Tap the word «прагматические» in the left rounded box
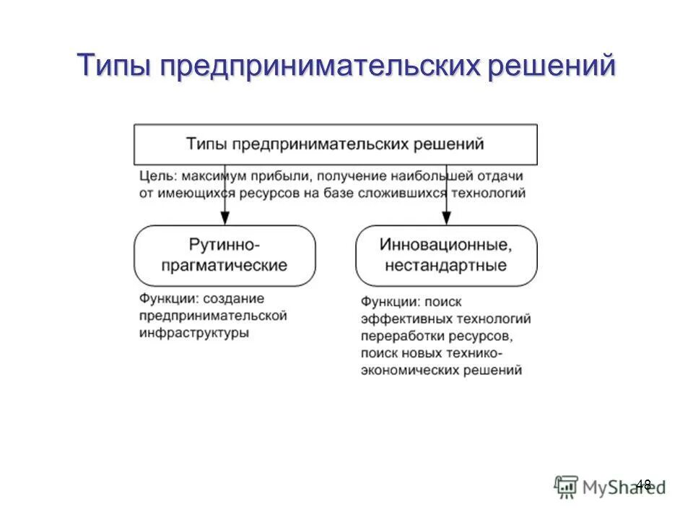(x=225, y=265)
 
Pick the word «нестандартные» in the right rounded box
(x=446, y=265)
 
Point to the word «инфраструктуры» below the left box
(x=194, y=333)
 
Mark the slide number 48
(x=643, y=485)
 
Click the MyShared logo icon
(x=567, y=486)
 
